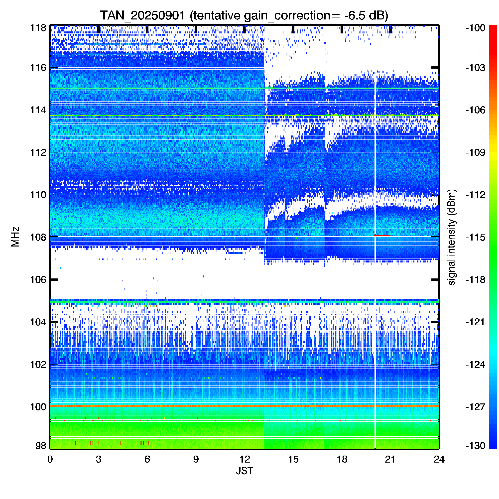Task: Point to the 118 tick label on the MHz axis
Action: [x=38, y=28]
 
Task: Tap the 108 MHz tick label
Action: [x=38, y=237]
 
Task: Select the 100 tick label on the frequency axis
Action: [x=38, y=407]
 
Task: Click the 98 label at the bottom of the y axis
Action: [x=41, y=446]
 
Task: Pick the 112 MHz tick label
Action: [x=38, y=152]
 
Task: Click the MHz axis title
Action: [x=15, y=237]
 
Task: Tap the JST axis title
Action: [x=245, y=471]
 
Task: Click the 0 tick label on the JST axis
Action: [x=50, y=459]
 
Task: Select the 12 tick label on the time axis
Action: [x=245, y=459]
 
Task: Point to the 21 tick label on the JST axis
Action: [x=390, y=459]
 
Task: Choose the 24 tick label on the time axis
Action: [x=439, y=459]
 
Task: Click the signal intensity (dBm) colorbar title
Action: [x=452, y=237]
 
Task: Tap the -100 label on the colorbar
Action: [x=476, y=28]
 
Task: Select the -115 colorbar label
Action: [x=476, y=237]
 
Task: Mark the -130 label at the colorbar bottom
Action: [x=476, y=446]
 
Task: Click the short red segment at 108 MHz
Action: [x=382, y=235]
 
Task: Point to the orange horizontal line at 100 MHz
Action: [x=245, y=406]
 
